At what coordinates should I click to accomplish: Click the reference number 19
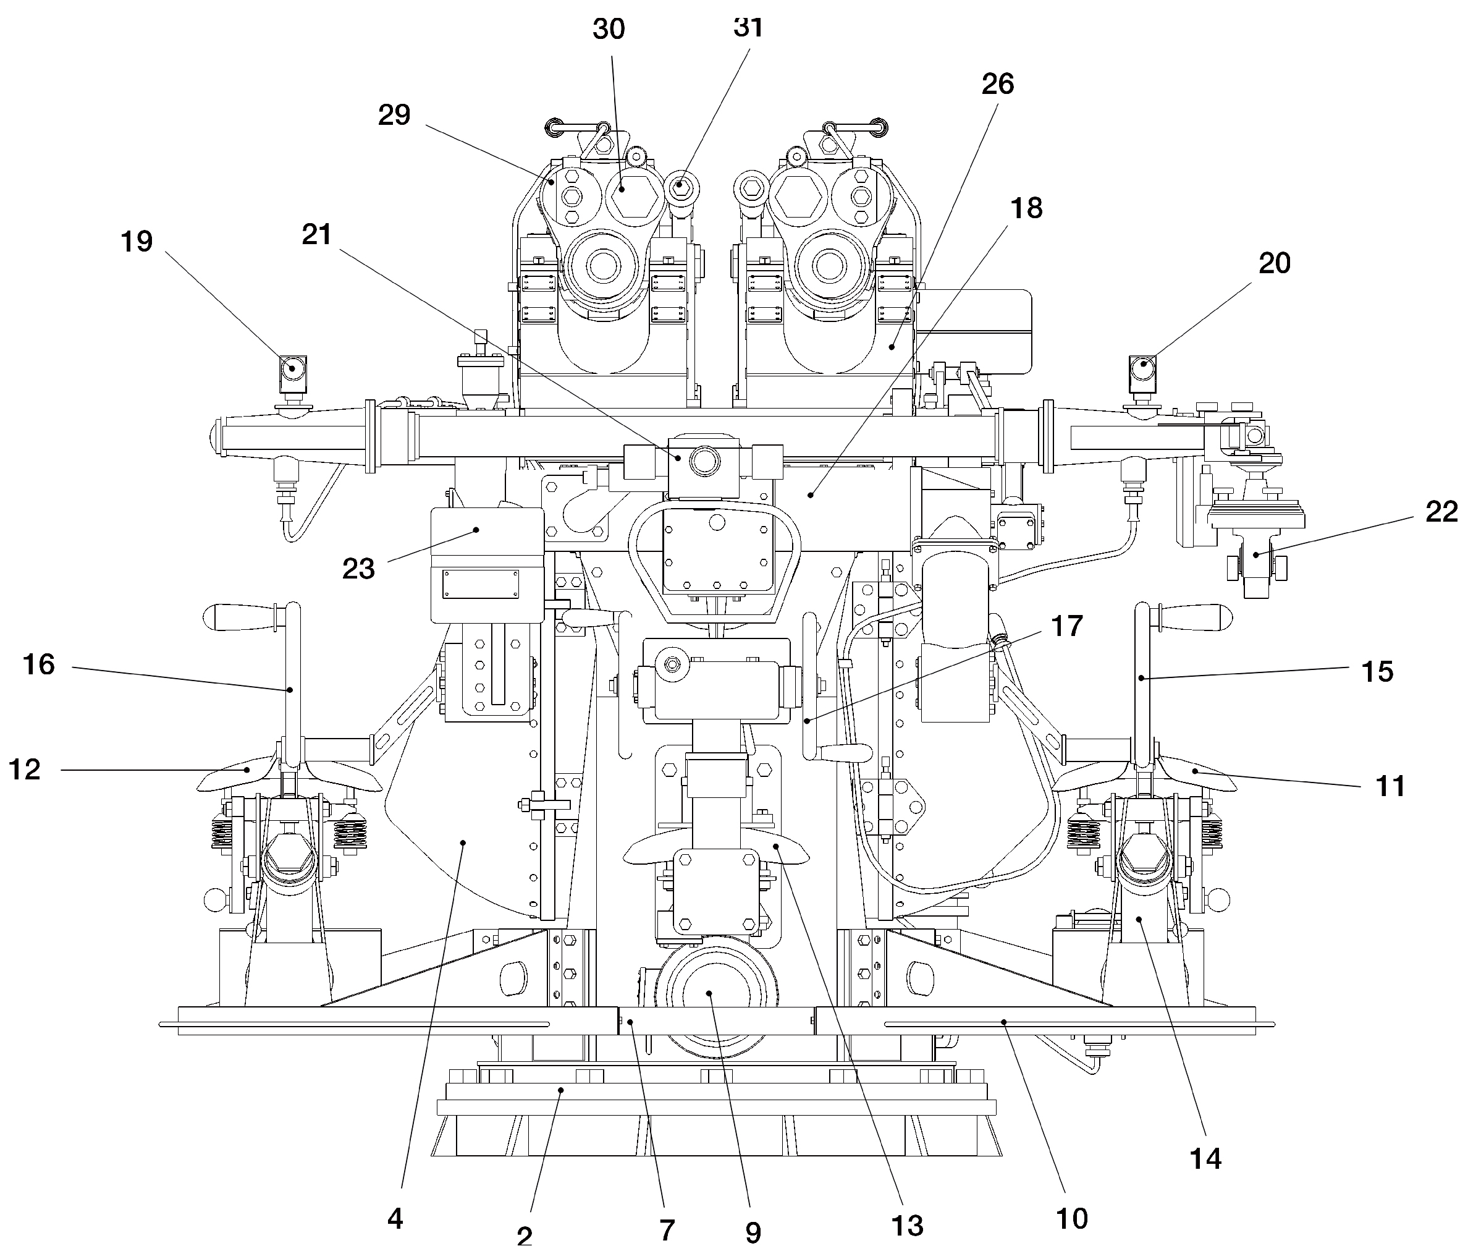[x=137, y=242]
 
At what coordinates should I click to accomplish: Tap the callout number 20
[x=1275, y=263]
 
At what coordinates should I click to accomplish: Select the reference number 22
[x=1441, y=511]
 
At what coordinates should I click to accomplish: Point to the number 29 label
[x=394, y=115]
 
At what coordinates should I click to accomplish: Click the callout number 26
[x=998, y=83]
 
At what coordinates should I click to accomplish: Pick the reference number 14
[x=1205, y=1158]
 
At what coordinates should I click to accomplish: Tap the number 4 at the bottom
[x=395, y=1218]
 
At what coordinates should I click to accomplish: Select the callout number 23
[x=358, y=569]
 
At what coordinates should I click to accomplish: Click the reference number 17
[x=1067, y=626]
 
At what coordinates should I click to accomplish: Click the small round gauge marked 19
[x=291, y=368]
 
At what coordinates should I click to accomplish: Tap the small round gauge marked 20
[x=1143, y=368]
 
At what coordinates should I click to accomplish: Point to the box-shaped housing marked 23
[x=487, y=564]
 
